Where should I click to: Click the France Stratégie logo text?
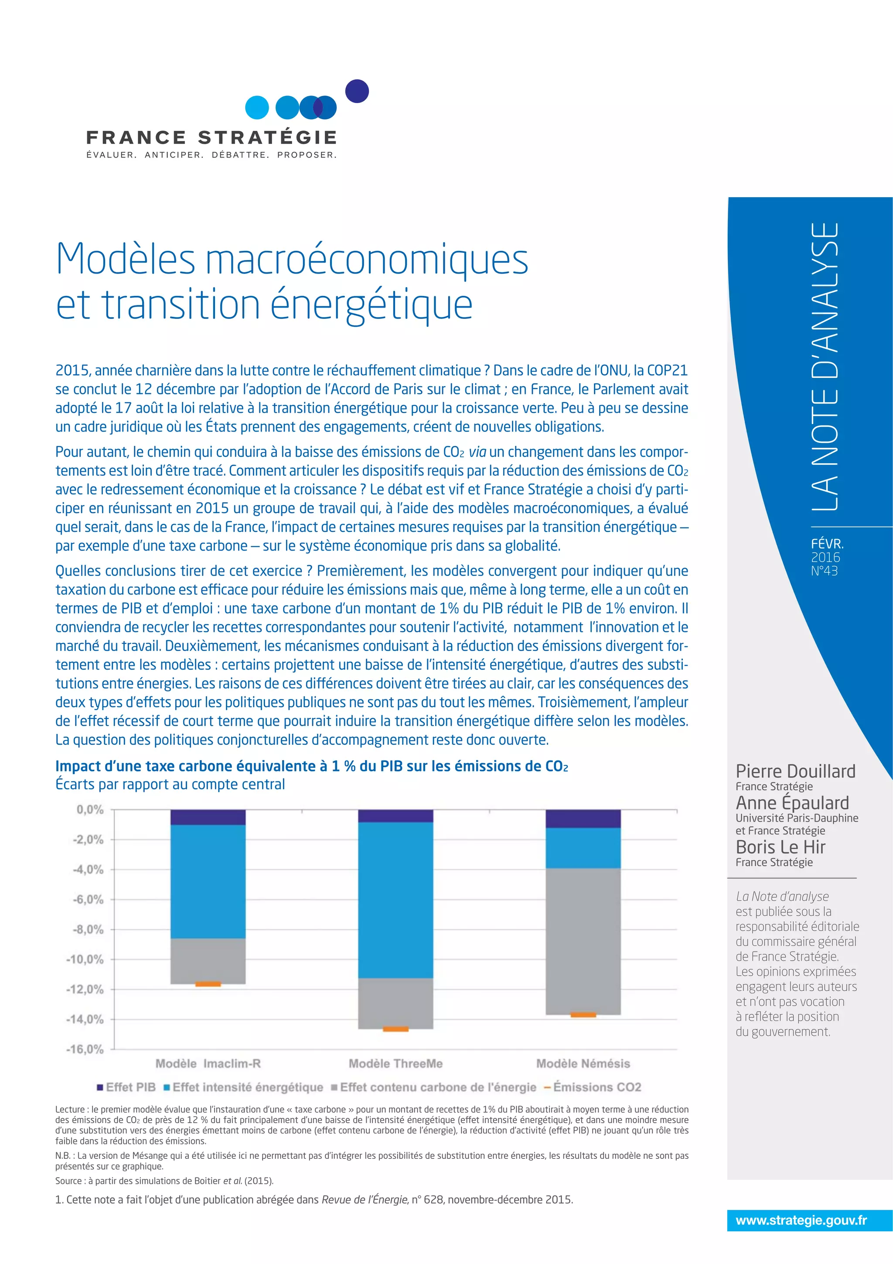point(211,137)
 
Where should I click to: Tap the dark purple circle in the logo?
point(357,91)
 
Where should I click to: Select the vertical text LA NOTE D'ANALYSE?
point(825,366)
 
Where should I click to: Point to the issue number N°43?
point(824,571)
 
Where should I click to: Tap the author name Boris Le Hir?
point(780,847)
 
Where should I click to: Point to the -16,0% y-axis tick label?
point(85,1049)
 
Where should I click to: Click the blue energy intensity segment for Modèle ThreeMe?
point(395,900)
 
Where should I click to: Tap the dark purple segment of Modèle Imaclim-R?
point(208,817)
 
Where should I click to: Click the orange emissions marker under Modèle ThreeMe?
point(395,1029)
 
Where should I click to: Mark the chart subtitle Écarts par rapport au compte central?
point(170,784)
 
